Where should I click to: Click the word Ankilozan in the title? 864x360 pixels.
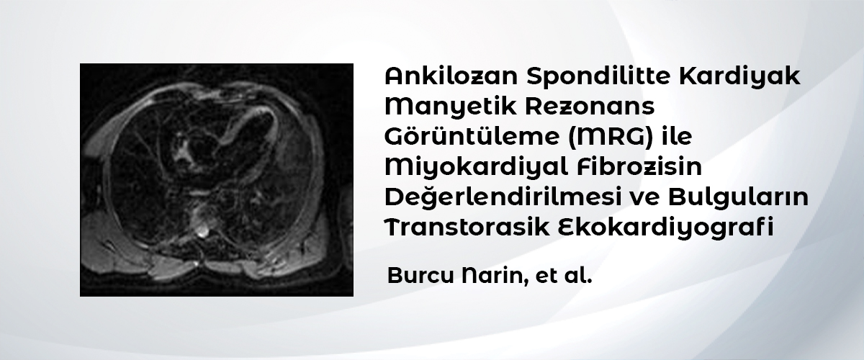tap(451, 76)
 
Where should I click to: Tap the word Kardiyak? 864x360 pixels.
tap(739, 76)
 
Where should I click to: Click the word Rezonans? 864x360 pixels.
tap(590, 107)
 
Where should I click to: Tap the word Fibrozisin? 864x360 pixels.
tap(639, 167)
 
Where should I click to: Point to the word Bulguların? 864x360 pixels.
tap(738, 197)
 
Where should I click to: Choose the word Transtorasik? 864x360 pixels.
tap(467, 227)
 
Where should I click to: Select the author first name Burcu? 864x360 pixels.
tap(420, 276)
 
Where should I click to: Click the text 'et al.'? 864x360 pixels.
tap(564, 276)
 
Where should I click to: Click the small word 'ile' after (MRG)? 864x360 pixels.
tap(677, 136)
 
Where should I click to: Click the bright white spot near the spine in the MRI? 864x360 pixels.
tap(202, 232)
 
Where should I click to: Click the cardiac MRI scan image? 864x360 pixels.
tap(217, 180)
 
